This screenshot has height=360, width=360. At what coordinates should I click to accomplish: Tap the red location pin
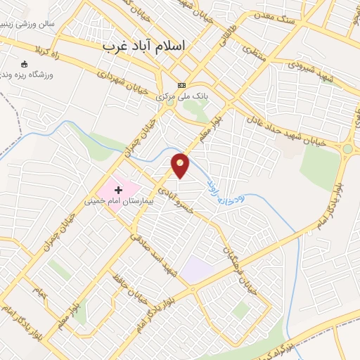(181, 165)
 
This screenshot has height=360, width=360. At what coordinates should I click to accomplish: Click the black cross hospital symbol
(118, 189)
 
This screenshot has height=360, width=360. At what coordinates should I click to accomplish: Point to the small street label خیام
(39, 292)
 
